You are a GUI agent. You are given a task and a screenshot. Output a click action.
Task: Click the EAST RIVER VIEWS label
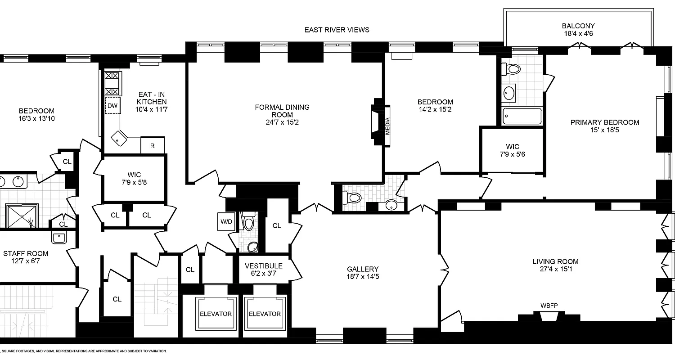click(x=337, y=30)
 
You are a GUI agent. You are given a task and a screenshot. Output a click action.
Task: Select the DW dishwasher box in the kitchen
click(x=112, y=106)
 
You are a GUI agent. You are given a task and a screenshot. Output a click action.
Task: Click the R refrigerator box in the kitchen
click(x=153, y=145)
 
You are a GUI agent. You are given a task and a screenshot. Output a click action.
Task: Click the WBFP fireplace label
click(x=549, y=306)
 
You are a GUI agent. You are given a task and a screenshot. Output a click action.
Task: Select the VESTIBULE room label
click(x=263, y=265)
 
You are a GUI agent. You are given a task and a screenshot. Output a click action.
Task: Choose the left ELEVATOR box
click(x=215, y=314)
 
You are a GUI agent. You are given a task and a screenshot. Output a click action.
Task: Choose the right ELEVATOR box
click(x=265, y=314)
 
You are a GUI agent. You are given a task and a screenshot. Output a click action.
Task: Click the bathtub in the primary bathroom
click(x=521, y=117)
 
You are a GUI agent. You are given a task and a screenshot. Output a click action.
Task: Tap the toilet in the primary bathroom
click(x=512, y=69)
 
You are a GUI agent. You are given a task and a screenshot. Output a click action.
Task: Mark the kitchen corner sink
click(x=119, y=138)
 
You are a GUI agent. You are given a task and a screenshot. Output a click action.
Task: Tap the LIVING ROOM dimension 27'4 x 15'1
click(x=555, y=270)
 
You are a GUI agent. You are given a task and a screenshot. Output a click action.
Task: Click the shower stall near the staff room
click(x=22, y=216)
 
